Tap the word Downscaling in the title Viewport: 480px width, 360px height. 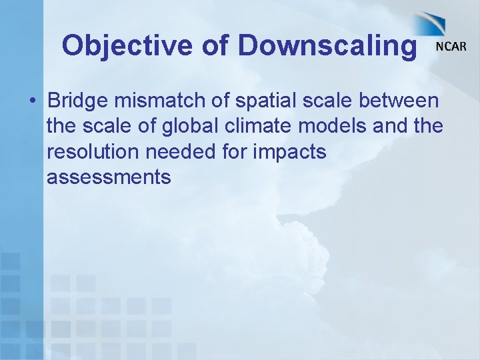327,45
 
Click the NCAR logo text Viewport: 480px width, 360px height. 451,47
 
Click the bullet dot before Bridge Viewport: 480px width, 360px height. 31,101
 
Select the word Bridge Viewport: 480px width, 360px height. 77,101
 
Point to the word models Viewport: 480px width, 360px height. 336,126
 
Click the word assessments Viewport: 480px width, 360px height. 109,177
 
